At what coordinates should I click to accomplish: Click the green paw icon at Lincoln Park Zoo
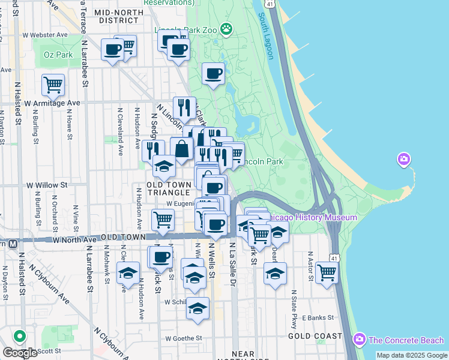(x=226, y=28)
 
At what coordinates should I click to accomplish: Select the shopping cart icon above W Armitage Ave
(x=53, y=85)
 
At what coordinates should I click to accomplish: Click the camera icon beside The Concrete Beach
(x=360, y=340)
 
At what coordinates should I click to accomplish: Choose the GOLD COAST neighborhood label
(x=315, y=336)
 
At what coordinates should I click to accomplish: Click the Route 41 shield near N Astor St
(x=334, y=257)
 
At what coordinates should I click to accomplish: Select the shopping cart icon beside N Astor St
(x=327, y=273)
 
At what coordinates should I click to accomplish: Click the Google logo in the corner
(x=19, y=353)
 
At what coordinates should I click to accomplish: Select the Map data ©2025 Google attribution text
(x=411, y=355)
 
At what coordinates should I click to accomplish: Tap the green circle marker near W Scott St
(x=20, y=337)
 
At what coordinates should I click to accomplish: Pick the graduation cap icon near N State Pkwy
(x=275, y=275)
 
